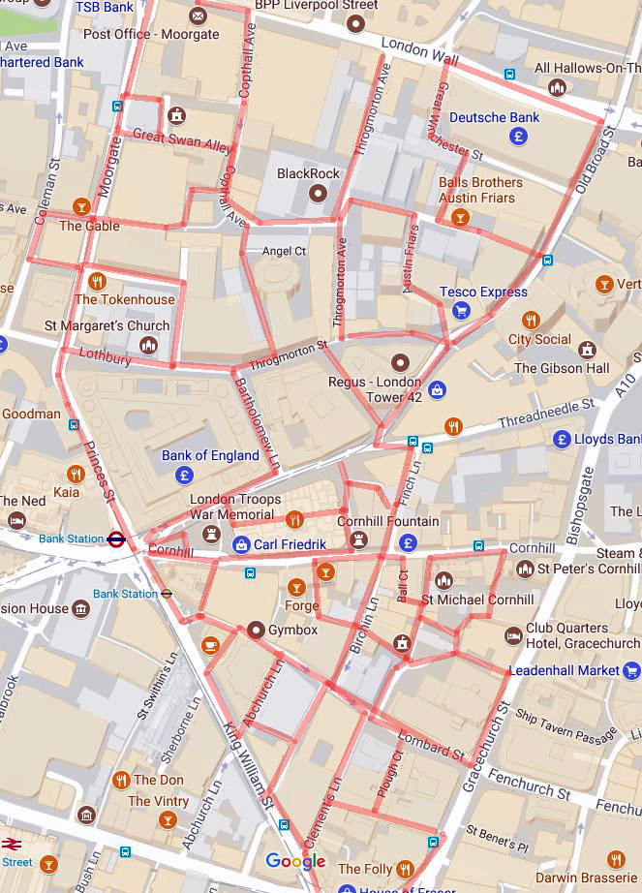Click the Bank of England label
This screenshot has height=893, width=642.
click(210, 455)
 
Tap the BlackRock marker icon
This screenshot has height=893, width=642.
click(316, 193)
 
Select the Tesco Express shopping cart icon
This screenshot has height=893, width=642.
click(461, 310)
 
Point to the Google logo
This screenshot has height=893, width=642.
click(295, 861)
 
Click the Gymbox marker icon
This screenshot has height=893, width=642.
click(256, 631)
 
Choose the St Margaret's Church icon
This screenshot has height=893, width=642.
click(148, 345)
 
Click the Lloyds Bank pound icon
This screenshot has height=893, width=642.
click(562, 440)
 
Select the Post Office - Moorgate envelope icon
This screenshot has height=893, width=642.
click(199, 15)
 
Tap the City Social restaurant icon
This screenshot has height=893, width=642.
click(530, 320)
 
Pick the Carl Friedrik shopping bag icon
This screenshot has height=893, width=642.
click(240, 545)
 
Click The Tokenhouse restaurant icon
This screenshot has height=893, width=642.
click(96, 281)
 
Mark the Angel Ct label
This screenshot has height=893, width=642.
click(284, 251)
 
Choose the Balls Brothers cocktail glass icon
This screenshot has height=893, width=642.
click(460, 217)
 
